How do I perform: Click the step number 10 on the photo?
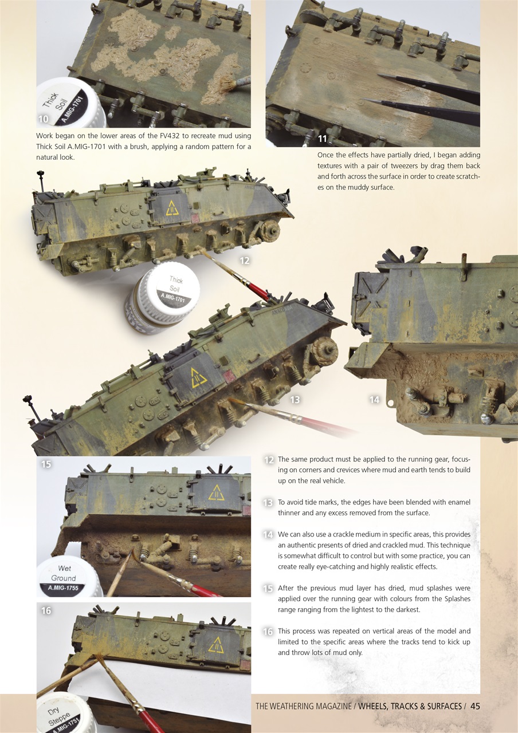(x=43, y=119)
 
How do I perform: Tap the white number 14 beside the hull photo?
(x=374, y=400)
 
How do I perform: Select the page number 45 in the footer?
(x=475, y=706)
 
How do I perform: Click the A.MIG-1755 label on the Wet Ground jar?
(x=63, y=587)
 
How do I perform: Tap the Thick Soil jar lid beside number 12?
(x=170, y=287)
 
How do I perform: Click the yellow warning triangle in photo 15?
(x=216, y=492)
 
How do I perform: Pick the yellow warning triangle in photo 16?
(x=216, y=644)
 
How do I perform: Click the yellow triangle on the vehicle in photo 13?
(x=198, y=378)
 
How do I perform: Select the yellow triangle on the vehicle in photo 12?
(x=172, y=208)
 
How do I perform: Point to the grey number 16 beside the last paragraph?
(x=268, y=632)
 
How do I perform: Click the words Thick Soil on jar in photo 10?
(x=54, y=102)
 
